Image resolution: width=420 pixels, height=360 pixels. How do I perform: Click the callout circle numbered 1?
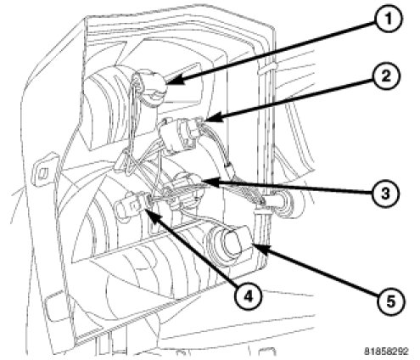pyautogui.click(x=388, y=20)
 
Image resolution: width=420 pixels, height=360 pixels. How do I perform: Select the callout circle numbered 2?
pyautogui.click(x=386, y=76)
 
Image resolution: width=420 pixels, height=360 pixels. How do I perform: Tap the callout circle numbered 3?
pyautogui.click(x=385, y=194)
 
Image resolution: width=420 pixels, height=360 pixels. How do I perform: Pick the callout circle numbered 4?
pyautogui.click(x=248, y=296)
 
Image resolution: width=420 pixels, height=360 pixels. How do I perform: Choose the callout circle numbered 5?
pyautogui.click(x=390, y=302)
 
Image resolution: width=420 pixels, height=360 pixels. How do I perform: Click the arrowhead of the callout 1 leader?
pyautogui.click(x=174, y=82)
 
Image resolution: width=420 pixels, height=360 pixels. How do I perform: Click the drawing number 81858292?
pyautogui.click(x=386, y=352)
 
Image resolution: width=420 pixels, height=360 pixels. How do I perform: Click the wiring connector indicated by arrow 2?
pyautogui.click(x=181, y=134)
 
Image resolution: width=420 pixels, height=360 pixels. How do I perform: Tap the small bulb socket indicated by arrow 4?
pyautogui.click(x=132, y=205)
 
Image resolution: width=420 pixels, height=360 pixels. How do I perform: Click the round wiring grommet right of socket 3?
pyautogui.click(x=283, y=204)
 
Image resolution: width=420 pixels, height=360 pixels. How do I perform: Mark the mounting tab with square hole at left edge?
pyautogui.click(x=44, y=171)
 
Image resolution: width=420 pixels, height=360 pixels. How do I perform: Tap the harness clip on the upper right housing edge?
pyautogui.click(x=268, y=68)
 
